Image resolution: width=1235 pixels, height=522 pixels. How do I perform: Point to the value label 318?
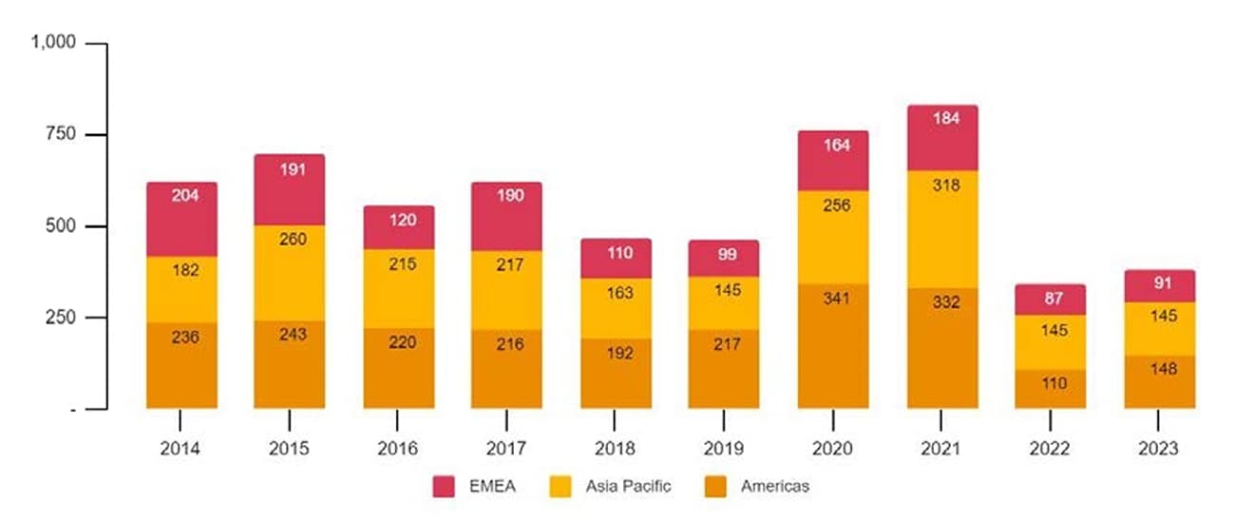coord(941,185)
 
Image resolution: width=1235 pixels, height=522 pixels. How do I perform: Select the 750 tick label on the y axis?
coord(66,135)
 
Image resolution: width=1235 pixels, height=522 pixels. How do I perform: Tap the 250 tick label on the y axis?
coord(66,318)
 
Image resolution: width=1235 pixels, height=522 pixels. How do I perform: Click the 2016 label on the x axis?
coord(398,449)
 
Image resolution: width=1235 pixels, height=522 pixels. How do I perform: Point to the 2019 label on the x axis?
coord(724,449)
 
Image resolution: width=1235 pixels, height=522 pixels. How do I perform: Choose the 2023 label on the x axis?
coord(1159,449)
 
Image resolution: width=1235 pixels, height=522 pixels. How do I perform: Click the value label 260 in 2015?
coord(289,240)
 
